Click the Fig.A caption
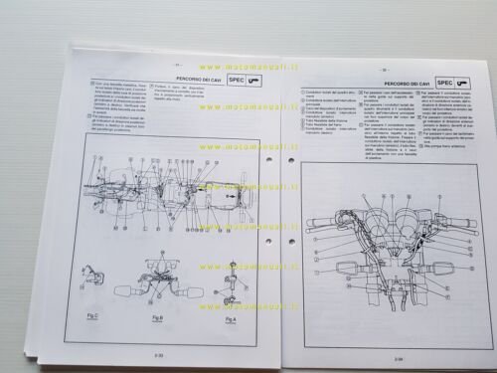230,320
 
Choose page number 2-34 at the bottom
398,358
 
